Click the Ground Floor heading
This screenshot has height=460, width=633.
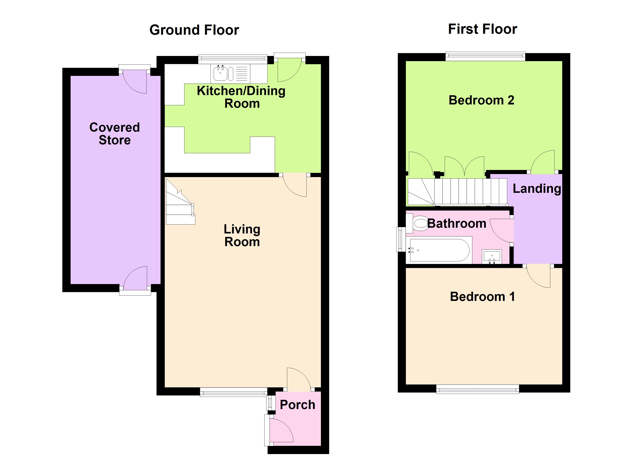pos(194,30)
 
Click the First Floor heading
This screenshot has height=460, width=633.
pos(483,29)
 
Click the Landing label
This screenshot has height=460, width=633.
pos(537,189)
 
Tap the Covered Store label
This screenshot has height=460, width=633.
pos(115,134)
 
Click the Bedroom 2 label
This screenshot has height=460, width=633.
pos(481,100)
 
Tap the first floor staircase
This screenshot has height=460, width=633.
pos(457,192)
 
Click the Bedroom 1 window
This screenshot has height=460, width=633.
pos(478,389)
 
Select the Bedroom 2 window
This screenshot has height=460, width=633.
pos(485,56)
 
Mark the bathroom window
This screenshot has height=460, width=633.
pos(401,239)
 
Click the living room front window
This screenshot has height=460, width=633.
pos(234,392)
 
